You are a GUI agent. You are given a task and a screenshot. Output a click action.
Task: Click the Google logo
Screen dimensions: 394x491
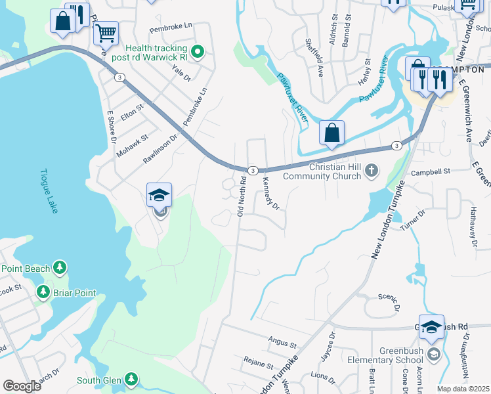click(x=22, y=386)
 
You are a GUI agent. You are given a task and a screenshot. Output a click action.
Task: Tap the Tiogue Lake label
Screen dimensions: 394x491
click(x=45, y=190)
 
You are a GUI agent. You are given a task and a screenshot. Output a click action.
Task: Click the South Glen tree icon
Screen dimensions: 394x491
click(x=131, y=380)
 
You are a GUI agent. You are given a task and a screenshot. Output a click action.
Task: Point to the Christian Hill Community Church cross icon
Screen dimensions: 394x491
click(x=372, y=171)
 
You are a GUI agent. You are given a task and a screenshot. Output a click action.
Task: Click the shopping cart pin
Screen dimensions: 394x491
click(x=106, y=32)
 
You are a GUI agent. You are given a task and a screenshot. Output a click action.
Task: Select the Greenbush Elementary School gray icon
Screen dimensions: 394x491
click(x=433, y=355)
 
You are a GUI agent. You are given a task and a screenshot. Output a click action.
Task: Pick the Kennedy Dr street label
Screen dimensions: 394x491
click(x=271, y=193)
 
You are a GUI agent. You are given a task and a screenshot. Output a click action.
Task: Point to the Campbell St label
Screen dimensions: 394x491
click(x=429, y=172)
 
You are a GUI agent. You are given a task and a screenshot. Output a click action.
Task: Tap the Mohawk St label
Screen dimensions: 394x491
click(x=133, y=146)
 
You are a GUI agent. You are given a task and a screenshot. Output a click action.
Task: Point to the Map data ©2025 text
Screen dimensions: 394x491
click(x=463, y=389)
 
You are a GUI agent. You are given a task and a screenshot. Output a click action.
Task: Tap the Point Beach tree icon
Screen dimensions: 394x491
click(x=60, y=267)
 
